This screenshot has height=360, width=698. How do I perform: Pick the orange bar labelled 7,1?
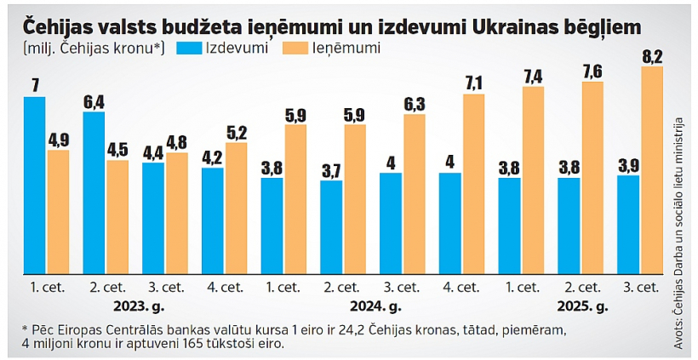pos(473,184)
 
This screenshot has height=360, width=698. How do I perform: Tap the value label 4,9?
pos(59,139)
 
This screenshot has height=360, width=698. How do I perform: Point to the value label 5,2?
pos(237,131)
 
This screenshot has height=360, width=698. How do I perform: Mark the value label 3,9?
pos(627,164)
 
